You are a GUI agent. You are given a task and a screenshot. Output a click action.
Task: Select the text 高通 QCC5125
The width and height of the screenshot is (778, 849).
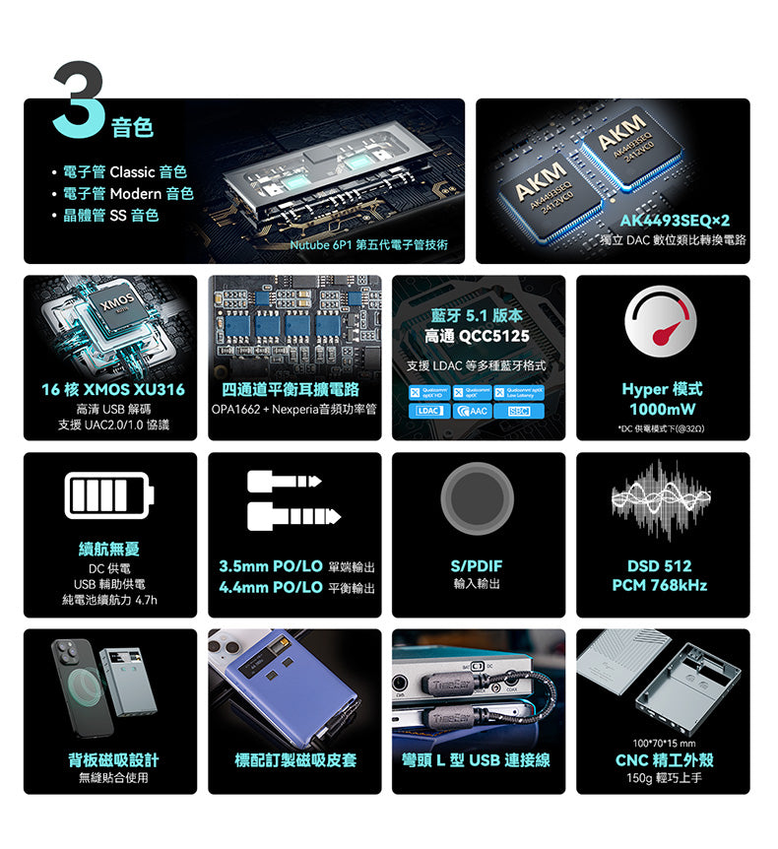[478, 336]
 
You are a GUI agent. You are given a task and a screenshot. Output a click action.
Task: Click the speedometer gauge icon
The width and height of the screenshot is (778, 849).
[660, 326]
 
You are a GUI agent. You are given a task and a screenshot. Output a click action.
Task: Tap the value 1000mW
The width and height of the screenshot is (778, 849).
[662, 409]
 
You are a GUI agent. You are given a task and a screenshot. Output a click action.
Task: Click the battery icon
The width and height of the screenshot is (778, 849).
[110, 495]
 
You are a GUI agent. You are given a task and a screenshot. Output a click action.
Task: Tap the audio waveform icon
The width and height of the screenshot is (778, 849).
[660, 500]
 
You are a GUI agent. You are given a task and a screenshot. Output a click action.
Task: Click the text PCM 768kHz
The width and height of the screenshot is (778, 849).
[660, 585]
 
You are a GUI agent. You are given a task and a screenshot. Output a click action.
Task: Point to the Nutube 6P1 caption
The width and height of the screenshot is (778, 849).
[369, 243]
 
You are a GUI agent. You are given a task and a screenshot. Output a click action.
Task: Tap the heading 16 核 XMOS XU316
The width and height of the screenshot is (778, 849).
[110, 389]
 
